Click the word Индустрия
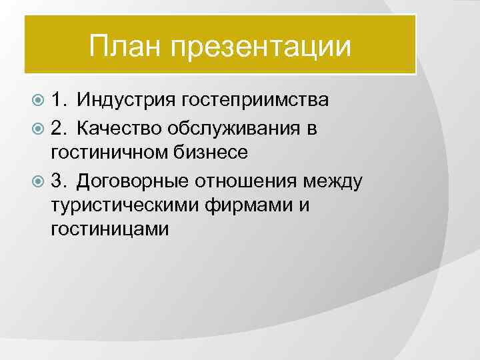click(124, 101)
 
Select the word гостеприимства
click(253, 101)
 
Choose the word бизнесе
click(207, 152)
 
